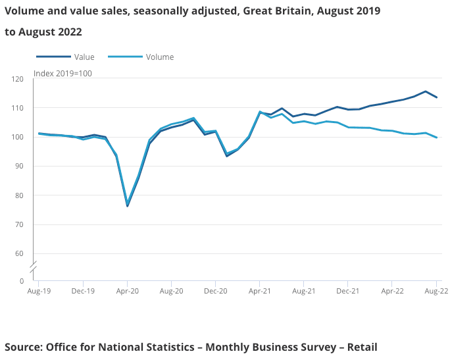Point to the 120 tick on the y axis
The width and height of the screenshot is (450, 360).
pyautogui.click(x=18, y=79)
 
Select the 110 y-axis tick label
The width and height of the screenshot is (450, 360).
pyautogui.click(x=18, y=108)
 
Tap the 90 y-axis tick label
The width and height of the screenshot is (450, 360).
pyautogui.click(x=20, y=167)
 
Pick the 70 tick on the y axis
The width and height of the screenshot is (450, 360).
pyautogui.click(x=20, y=224)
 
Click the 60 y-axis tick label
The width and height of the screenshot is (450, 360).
pyautogui.click(x=20, y=253)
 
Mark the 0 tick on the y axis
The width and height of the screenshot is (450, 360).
pyautogui.click(x=22, y=281)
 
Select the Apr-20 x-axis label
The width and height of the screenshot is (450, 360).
pyautogui.click(x=127, y=290)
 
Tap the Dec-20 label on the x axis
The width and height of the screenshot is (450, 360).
pyautogui.click(x=216, y=290)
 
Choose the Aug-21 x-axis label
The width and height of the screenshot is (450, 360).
pyautogui.click(x=303, y=290)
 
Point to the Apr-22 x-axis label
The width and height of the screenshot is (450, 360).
pyautogui.click(x=392, y=290)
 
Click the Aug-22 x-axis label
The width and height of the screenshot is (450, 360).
pyautogui.click(x=436, y=290)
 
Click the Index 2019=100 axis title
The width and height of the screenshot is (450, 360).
pyautogui.click(x=63, y=73)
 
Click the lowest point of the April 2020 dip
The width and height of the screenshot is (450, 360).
pyautogui.click(x=127, y=206)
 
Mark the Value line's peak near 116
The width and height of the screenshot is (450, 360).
pyautogui.click(x=426, y=91)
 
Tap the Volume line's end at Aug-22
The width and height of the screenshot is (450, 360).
pyautogui.click(x=437, y=138)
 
